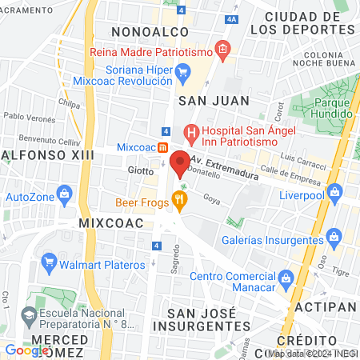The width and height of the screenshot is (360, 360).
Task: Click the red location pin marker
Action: point(180,162)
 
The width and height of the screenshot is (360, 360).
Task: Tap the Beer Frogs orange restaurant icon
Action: point(181,204)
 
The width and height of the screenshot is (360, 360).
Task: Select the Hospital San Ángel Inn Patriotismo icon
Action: point(190,131)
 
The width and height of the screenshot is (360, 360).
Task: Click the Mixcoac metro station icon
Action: point(162,148)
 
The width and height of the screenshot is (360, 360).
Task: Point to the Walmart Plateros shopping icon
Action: point(49,262)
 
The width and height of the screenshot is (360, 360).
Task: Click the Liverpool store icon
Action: point(334,191)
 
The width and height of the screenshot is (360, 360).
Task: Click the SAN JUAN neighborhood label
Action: point(214,100)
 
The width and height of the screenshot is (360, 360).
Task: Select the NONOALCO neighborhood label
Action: point(150,31)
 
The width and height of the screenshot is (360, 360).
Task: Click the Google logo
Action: point(26,350)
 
